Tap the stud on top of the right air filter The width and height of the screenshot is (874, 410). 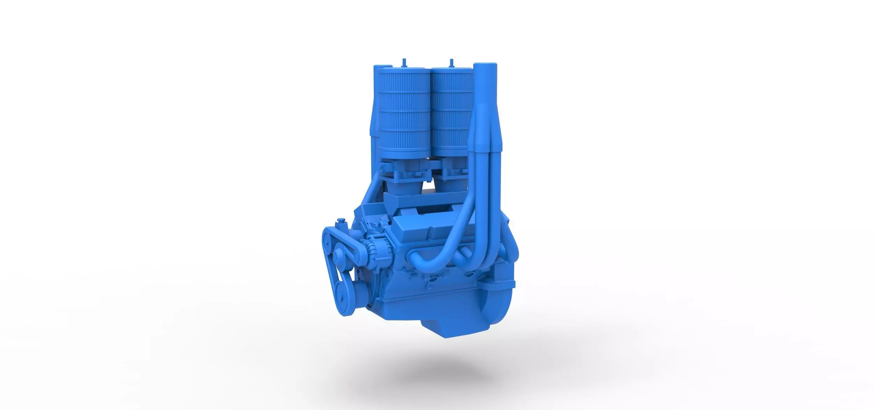[x=451, y=62]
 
